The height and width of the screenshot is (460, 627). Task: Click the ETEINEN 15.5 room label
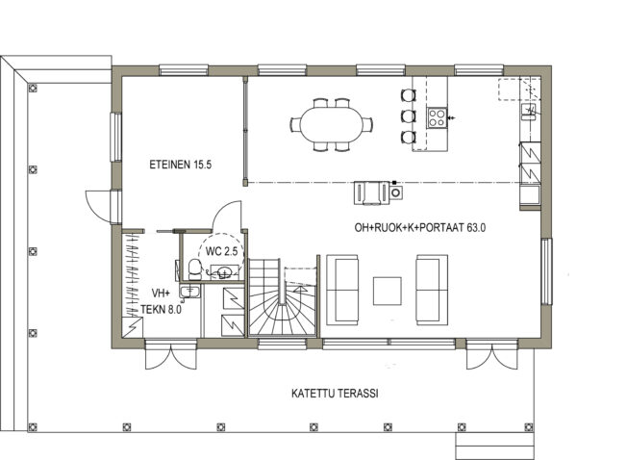[x=181, y=165]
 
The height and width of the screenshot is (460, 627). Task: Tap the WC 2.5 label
[x=221, y=251]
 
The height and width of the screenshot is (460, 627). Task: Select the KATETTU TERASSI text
[x=335, y=394]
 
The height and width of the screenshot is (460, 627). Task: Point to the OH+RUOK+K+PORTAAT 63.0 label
[x=420, y=228]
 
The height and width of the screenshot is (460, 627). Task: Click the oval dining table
[x=332, y=124]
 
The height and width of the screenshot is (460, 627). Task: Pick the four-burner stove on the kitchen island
[x=437, y=117]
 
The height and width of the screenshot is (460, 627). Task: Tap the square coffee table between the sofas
[x=388, y=292]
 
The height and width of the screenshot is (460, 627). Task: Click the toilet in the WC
[x=195, y=269]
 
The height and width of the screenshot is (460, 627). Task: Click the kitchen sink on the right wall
[x=528, y=111]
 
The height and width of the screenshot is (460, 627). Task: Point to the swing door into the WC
[x=227, y=216]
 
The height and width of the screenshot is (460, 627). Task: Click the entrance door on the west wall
[x=98, y=206]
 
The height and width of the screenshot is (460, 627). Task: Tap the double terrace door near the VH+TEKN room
[x=171, y=354]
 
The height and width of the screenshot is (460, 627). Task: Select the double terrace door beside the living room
[x=491, y=354]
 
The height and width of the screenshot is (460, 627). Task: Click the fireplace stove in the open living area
[x=378, y=192]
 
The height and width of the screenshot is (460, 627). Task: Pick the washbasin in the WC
[x=225, y=272]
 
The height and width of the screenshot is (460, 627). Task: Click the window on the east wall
[x=546, y=271]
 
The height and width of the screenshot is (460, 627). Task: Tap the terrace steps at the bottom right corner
[x=495, y=446]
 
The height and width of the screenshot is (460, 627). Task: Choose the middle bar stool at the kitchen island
[x=409, y=116]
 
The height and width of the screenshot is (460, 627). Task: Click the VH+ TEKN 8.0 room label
[x=161, y=301]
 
